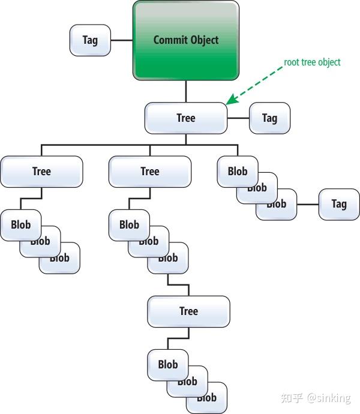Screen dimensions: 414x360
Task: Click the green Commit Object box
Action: tap(186, 40)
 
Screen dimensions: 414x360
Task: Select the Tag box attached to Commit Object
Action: tap(90, 40)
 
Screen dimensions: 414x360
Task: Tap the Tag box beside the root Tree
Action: tap(269, 118)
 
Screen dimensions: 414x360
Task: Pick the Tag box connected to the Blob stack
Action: tap(339, 204)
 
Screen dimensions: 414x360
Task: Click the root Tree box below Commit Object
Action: tap(186, 118)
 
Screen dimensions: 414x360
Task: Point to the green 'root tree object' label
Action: tap(312, 62)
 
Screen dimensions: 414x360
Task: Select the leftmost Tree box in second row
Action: tap(41, 172)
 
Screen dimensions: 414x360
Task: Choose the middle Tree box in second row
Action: tap(150, 172)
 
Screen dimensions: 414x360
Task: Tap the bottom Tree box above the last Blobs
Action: tap(188, 311)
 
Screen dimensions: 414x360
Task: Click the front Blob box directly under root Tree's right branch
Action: tap(237, 170)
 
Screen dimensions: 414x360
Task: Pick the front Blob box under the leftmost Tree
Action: tap(20, 224)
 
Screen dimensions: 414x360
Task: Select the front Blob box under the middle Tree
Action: tap(129, 224)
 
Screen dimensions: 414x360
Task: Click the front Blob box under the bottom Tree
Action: tap(167, 364)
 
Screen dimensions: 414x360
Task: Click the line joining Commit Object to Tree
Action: tap(186, 91)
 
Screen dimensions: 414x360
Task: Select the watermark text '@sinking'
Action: tap(329, 398)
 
